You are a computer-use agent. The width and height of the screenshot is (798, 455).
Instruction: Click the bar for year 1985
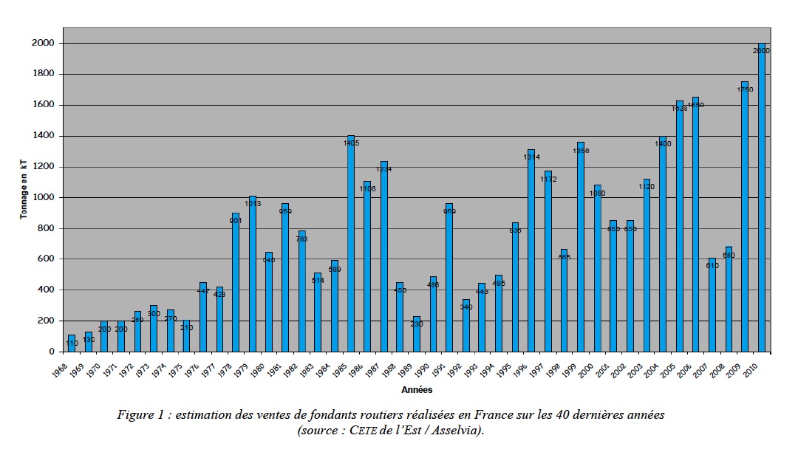click(x=351, y=244)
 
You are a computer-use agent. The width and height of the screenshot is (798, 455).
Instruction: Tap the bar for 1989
click(x=417, y=334)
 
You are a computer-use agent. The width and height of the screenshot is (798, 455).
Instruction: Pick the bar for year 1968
click(x=72, y=343)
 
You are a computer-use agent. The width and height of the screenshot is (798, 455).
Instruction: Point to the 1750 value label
click(x=745, y=89)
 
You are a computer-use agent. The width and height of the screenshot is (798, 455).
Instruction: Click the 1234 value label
click(x=384, y=169)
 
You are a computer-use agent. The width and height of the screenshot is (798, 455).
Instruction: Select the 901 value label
click(x=236, y=219)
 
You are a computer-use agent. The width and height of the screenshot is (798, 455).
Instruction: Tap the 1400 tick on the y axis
click(x=43, y=136)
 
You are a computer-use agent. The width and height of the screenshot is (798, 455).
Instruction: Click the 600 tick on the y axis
click(x=46, y=259)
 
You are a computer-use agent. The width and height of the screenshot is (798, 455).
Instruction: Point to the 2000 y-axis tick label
click(x=43, y=44)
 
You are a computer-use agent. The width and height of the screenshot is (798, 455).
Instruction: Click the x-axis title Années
click(x=417, y=389)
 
